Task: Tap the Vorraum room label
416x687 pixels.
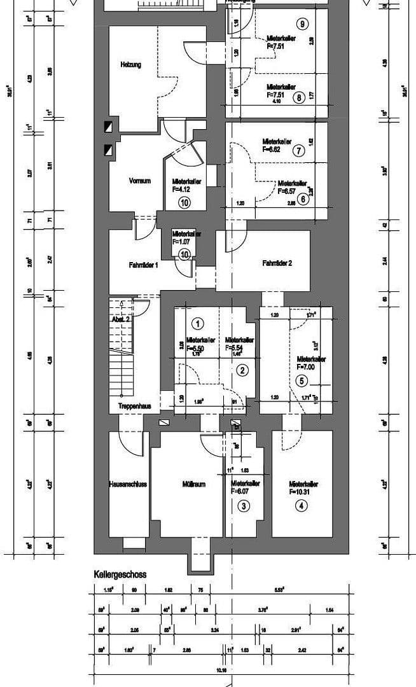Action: click(x=140, y=181)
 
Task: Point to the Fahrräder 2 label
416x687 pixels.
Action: click(x=277, y=263)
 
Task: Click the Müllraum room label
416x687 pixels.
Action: click(x=193, y=484)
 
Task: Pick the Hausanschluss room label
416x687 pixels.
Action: click(x=128, y=484)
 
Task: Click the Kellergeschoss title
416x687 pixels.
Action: click(x=120, y=574)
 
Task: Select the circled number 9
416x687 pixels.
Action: click(x=302, y=24)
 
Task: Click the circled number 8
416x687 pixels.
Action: click(x=298, y=97)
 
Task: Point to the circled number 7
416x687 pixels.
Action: click(x=298, y=151)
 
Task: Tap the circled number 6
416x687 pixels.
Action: click(x=303, y=198)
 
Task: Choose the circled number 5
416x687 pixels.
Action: click(x=303, y=382)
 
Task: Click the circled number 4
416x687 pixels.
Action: click(x=302, y=506)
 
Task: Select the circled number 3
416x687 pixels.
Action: click(x=244, y=506)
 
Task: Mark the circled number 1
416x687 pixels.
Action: click(x=197, y=323)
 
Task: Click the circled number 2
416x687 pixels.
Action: click(x=242, y=370)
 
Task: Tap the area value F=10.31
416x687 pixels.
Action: click(x=303, y=492)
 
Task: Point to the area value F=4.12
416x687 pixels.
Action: click(x=184, y=189)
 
